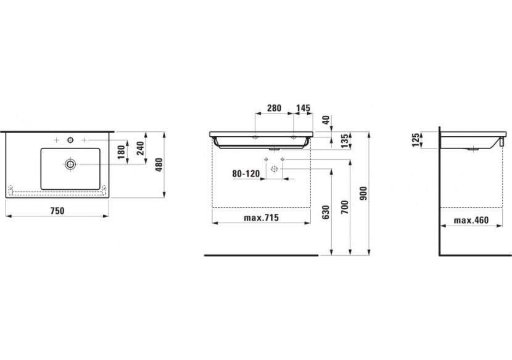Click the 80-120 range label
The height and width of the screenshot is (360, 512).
(246, 173)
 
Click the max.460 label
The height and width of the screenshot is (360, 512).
(473, 219)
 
